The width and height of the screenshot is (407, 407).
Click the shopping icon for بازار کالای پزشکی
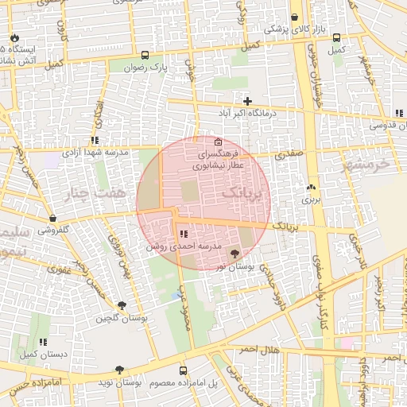tap(295, 17)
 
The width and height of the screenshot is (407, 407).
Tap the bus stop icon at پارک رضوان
tap(145, 56)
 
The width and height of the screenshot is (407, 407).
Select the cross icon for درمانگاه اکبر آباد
tap(248, 101)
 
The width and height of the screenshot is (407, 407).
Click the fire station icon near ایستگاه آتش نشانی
tap(14, 37)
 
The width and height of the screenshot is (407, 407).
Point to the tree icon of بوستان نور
tap(234, 253)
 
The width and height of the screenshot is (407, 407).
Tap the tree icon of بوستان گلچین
tap(121, 305)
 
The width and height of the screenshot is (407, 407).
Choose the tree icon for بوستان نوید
tap(119, 370)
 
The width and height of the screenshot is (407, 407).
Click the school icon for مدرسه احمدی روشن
tap(184, 234)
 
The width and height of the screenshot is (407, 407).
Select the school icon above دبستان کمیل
tap(44, 341)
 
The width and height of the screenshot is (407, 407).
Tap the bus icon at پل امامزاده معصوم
tap(184, 370)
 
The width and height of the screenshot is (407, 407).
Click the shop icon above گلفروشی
tap(52, 218)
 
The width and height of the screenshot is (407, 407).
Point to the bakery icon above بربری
tap(309, 188)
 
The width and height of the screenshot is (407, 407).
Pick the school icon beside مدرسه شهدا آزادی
tap(95, 140)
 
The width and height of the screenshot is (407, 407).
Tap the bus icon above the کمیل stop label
tap(337, 37)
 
